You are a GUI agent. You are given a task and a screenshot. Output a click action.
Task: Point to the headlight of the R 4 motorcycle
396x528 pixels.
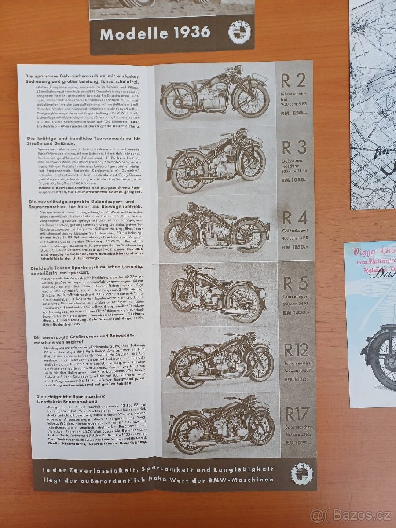[x=192, y=206]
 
